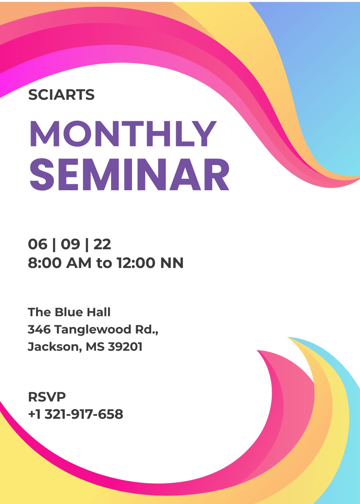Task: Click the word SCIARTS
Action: pyautogui.click(x=61, y=94)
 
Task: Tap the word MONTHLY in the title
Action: pyautogui.click(x=123, y=134)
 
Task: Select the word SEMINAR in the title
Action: pyautogui.click(x=130, y=175)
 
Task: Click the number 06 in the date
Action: pyautogui.click(x=37, y=244)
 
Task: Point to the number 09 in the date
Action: pyautogui.click(x=70, y=244)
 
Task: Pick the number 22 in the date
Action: pyautogui.click(x=102, y=244)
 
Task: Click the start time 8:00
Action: pyautogui.click(x=44, y=263)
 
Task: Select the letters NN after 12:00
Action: pyautogui.click(x=172, y=263)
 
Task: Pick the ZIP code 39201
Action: pyautogui.click(x=125, y=347)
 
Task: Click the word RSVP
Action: pyautogui.click(x=47, y=397)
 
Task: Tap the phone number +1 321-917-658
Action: pyautogui.click(x=76, y=414)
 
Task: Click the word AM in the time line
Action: pyautogui.click(x=79, y=263)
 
